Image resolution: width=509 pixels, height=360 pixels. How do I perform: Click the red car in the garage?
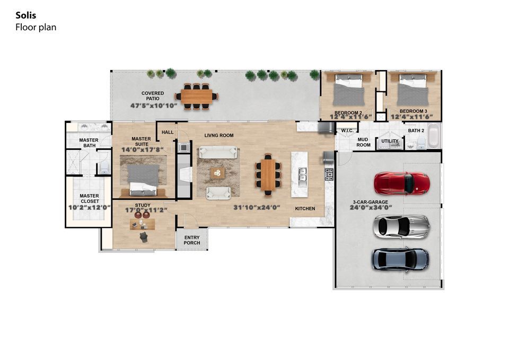pos(401,183)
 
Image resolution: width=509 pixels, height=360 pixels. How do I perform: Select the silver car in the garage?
pos(401,226)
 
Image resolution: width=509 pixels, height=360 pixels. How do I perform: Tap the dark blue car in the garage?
pos(400,259)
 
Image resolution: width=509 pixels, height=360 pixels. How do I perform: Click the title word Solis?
pos(26,15)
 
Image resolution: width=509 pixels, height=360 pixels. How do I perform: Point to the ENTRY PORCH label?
pos(191,240)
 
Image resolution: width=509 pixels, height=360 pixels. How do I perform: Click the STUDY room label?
pos(143,205)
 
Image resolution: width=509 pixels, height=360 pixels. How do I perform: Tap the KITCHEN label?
pos(305,208)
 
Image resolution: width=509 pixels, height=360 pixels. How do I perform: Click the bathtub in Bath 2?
pos(433,136)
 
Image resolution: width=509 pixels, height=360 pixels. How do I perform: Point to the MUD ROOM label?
pos(363,142)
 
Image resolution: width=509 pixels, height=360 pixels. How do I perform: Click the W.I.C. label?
pos(348,130)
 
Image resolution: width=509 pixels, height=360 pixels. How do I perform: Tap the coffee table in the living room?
pos(217,173)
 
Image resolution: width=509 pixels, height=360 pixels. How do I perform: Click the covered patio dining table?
pos(196,96)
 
